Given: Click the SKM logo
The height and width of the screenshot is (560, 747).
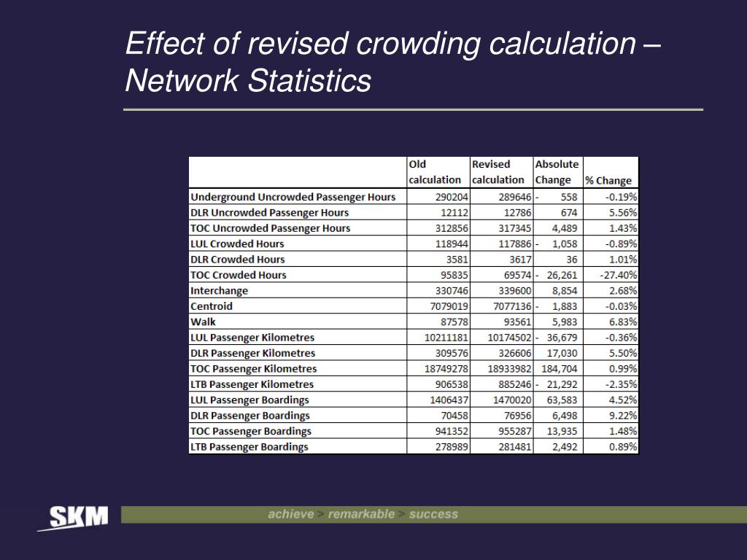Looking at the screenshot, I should tap(73, 518).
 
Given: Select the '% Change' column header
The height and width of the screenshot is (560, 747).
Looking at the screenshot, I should tap(608, 180).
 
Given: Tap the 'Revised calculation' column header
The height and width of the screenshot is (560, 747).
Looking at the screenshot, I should tap(498, 172).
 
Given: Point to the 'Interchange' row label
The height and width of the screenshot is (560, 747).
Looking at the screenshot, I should tap(219, 290).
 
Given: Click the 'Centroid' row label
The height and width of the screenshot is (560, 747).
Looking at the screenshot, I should tap(212, 306).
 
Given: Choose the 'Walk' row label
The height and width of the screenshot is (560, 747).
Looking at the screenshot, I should tap(203, 322).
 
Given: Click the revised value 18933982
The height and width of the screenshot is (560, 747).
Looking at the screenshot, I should tap(503, 368).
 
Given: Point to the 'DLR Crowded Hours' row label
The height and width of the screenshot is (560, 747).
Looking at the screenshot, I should tap(237, 260).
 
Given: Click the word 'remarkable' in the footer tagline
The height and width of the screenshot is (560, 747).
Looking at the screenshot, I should tap(361, 514).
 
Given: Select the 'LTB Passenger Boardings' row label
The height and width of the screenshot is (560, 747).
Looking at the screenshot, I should tap(249, 447).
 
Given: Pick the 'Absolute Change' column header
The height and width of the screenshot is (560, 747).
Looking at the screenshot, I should tap(557, 172).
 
